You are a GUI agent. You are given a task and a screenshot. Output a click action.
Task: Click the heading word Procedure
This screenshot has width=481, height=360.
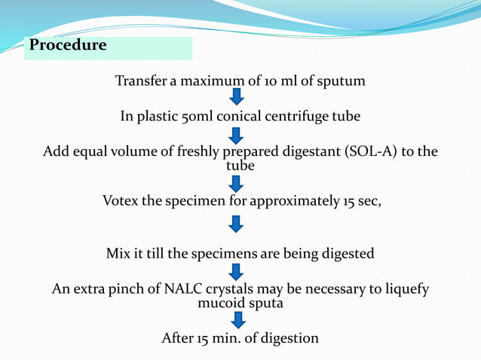(68, 45)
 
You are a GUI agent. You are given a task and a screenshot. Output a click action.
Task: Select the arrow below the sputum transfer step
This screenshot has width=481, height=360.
(237, 97)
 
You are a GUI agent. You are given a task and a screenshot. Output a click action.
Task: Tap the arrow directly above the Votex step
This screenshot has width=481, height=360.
(237, 184)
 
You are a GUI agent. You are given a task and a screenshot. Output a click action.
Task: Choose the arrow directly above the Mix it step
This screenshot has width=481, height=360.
(237, 224)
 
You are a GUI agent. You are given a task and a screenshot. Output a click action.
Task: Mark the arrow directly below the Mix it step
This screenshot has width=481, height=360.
(237, 271)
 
